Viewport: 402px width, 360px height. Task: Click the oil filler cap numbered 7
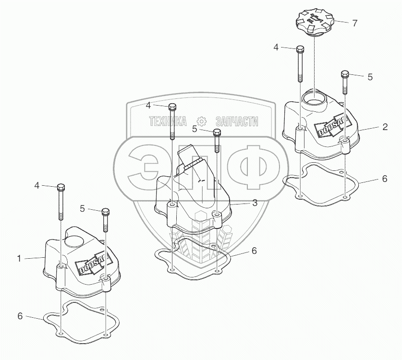[315, 22]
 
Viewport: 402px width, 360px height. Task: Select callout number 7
[354, 23]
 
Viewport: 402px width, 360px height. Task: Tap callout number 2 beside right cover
[385, 127]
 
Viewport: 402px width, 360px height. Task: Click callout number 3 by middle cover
[255, 203]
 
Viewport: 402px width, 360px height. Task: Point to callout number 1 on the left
[19, 258]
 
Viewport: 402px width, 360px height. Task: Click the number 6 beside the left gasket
[20, 316]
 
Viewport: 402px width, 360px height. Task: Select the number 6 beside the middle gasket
[255, 251]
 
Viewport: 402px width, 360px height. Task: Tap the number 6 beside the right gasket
[384, 179]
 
